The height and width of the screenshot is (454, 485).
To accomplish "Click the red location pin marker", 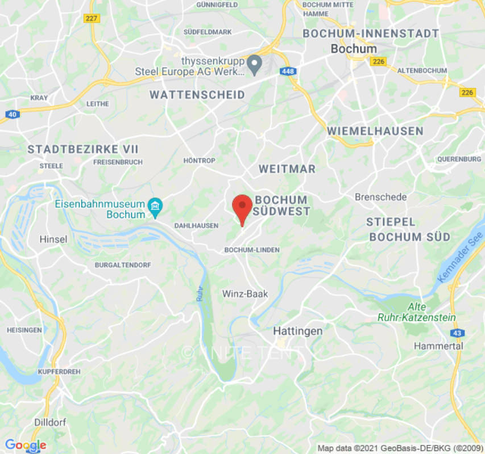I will point(243,208).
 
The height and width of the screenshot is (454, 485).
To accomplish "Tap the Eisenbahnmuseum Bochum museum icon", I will point(155,208).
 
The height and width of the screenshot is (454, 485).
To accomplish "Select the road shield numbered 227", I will point(91,18).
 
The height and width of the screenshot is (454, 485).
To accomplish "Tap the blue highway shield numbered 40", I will point(11,114).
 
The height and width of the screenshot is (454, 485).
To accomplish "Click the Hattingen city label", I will point(297,331).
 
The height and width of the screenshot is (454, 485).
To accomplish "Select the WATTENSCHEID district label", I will point(197,95).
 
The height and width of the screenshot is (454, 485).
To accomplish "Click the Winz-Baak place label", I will point(244,293).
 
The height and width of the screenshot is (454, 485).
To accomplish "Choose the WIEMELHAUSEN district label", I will point(375,131).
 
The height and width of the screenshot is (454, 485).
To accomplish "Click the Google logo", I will point(25,445).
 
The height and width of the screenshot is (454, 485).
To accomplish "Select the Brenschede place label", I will point(380,197).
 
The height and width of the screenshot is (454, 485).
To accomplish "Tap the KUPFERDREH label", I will point(43,371).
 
